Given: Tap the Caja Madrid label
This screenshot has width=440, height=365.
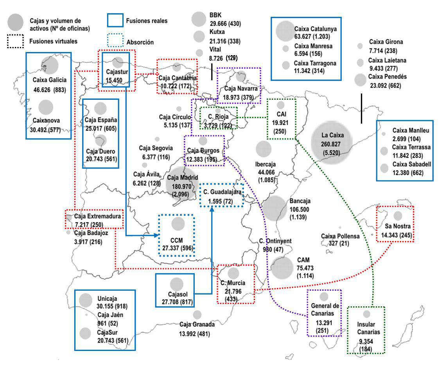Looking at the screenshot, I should pos(181,177).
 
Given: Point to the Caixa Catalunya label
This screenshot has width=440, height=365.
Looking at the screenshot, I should pos(316,29).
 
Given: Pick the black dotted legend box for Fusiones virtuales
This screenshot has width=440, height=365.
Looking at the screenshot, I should pos(15,41).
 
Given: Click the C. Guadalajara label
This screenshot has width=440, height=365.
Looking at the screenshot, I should pos(222,192).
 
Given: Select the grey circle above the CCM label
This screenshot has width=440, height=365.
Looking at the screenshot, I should pos(178,223).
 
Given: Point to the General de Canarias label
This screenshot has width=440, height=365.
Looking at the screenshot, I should pos(324,310).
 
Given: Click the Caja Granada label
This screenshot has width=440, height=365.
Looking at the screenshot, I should pos(197,324).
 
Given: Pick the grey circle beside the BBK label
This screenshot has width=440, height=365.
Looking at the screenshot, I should pos(199,18).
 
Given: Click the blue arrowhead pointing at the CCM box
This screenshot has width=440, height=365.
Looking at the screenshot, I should pos(157,235).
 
